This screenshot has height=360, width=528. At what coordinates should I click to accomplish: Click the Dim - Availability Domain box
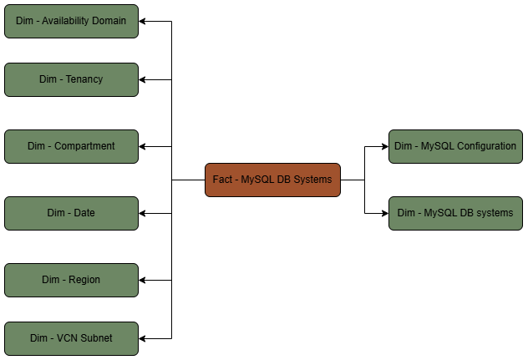click(x=71, y=21)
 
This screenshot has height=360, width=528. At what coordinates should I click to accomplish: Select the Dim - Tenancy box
click(x=71, y=79)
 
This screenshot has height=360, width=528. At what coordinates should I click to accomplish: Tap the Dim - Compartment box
click(x=71, y=146)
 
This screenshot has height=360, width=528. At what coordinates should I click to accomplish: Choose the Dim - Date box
click(x=71, y=213)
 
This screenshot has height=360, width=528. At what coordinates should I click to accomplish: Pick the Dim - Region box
click(x=71, y=280)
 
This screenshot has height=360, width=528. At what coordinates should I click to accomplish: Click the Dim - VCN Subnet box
click(x=71, y=338)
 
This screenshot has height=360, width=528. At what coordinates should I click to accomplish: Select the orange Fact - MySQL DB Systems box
click(x=272, y=180)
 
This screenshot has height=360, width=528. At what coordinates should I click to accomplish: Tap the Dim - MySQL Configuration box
click(x=455, y=146)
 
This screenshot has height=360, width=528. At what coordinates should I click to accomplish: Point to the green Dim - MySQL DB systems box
click(x=455, y=213)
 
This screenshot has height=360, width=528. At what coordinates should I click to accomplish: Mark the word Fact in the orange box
click(x=222, y=180)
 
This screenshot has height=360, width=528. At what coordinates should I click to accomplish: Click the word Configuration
click(x=487, y=146)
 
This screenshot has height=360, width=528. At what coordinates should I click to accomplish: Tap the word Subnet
click(x=96, y=338)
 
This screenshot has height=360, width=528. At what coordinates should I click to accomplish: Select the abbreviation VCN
click(x=68, y=338)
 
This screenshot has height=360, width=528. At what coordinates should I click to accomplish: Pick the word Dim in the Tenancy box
click(x=48, y=79)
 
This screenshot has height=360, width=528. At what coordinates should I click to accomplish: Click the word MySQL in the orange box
click(x=257, y=180)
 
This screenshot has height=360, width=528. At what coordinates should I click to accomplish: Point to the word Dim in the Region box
click(x=50, y=280)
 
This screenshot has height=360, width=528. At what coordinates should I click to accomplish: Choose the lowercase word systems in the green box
click(x=493, y=213)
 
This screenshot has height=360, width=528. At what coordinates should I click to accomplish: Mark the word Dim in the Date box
click(x=55, y=213)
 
